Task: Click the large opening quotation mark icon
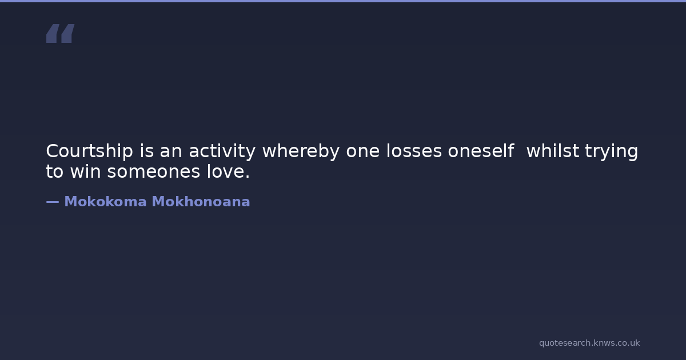coord(61,33)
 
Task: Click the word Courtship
coord(89,151)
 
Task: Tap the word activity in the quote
coord(222,151)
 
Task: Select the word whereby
coord(301,151)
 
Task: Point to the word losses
coord(414,151)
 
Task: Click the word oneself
coord(481,151)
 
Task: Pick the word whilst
coord(552,151)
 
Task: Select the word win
coord(85,171)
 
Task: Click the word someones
coord(153,172)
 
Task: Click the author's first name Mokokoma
coord(105,202)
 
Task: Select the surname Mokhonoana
coord(201,202)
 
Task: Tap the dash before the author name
coord(53,202)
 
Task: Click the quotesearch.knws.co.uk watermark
coord(589,343)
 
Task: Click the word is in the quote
coord(147,151)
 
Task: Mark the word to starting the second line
coord(54,172)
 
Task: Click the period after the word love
coord(248,177)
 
